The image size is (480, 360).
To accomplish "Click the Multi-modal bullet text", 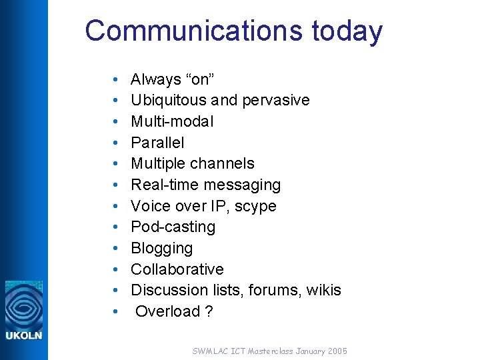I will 172,121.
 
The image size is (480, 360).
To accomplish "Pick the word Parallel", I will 157,143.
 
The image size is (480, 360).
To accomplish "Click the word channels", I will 223,163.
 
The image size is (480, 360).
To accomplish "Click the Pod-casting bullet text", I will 173,227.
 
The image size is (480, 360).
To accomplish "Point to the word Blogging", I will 162,248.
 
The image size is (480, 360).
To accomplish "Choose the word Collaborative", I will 177,269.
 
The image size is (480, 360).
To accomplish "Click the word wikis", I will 324,290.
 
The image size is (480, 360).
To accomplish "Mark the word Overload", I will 167,311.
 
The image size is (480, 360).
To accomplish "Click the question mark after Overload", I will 209,311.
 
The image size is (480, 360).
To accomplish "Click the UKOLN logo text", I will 24,335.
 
